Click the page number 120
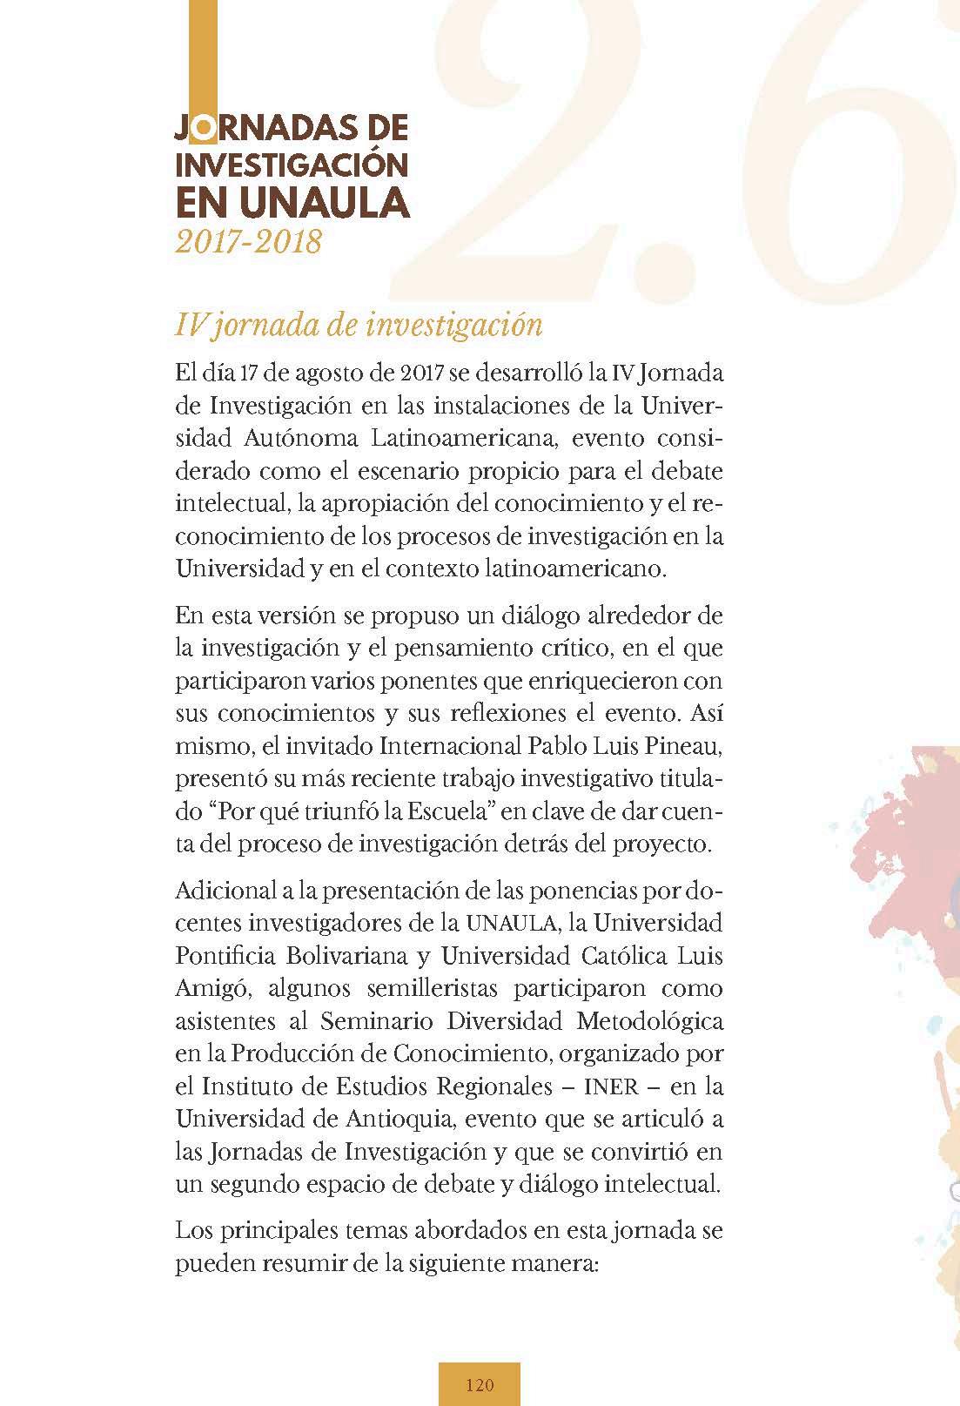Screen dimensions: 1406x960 [x=480, y=1385]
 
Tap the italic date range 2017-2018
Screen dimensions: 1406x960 [x=248, y=241]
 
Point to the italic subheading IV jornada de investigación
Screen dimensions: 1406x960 [x=359, y=325]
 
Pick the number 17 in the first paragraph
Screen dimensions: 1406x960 [x=252, y=374]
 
